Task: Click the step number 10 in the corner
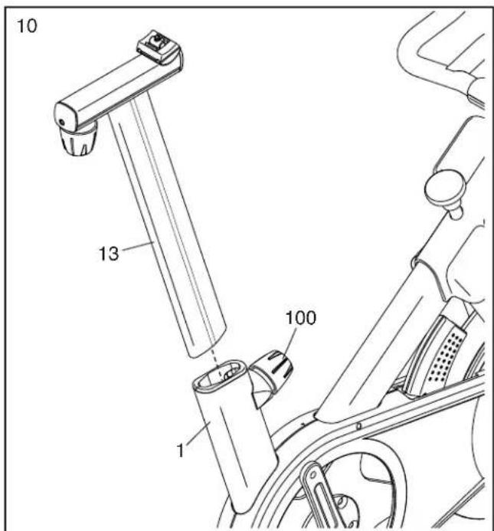coord(27,26)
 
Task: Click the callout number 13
coord(109,254)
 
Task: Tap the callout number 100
coord(301,318)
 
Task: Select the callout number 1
coord(181,451)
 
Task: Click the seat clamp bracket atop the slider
coord(158,48)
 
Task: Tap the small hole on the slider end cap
coord(61,123)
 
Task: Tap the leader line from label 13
coord(138,246)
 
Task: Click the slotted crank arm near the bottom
coord(320,494)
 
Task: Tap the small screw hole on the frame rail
coord(359,426)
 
